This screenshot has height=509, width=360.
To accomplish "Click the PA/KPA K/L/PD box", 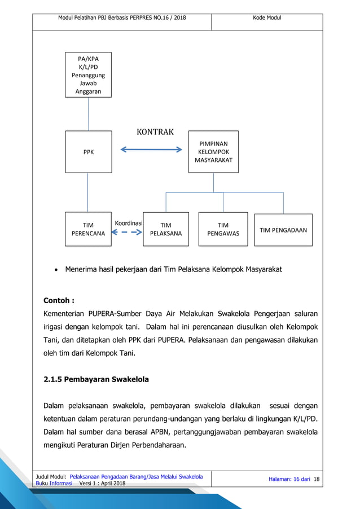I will click(x=87, y=74).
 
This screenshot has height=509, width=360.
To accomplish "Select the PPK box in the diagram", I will click(x=87, y=152).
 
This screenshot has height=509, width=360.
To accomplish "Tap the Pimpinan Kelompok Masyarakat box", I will click(x=213, y=152).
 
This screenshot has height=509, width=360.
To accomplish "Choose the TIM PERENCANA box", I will click(x=87, y=229).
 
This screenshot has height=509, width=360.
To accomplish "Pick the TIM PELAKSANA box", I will click(x=165, y=229).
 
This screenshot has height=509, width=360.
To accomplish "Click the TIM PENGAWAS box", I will click(x=223, y=229).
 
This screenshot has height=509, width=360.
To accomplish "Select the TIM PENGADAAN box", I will click(x=283, y=230).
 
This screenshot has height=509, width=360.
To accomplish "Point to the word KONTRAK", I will click(x=155, y=132).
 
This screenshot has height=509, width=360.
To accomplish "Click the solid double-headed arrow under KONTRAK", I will click(x=151, y=150).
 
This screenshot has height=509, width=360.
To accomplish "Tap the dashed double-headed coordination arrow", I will click(x=127, y=232).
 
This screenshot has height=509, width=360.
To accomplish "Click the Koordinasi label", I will click(x=128, y=223).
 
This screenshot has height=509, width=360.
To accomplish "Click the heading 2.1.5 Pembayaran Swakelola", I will click(x=96, y=379).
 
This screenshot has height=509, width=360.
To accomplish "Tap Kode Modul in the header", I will click(x=266, y=18).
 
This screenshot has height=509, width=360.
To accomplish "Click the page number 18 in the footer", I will click(x=316, y=479).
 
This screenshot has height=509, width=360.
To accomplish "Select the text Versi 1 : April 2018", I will click(x=103, y=484).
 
